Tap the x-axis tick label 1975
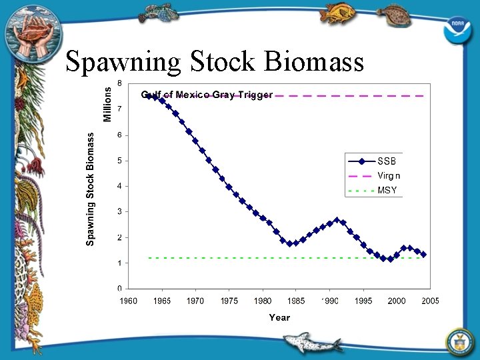tap(229, 301)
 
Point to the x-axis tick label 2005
tap(430, 301)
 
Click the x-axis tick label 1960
tap(129, 301)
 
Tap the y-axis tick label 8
tap(119, 83)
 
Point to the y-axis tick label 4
tap(119, 186)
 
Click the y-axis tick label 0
tap(119, 289)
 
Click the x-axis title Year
tap(279, 317)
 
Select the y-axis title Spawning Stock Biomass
tap(91, 188)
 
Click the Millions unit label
tap(107, 102)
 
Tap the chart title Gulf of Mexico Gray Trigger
tap(207, 95)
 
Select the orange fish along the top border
tap(338, 13)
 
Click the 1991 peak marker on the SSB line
tap(336, 219)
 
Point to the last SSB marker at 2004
tap(423, 255)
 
